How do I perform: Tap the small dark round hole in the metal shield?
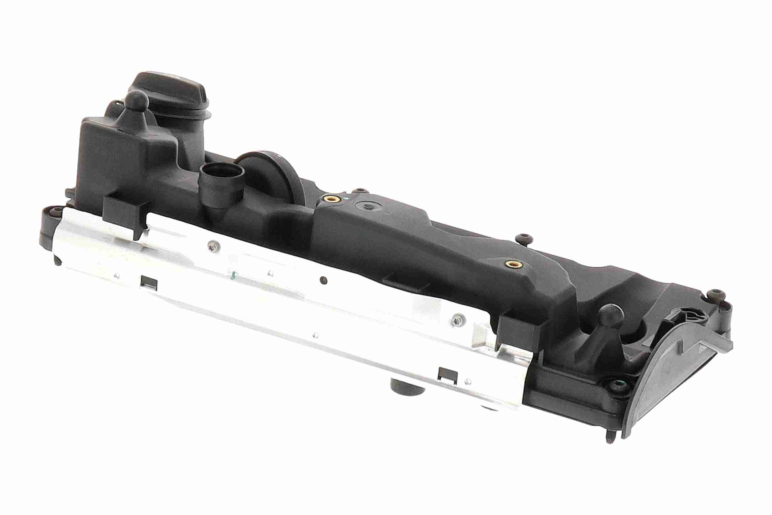point(323,279)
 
